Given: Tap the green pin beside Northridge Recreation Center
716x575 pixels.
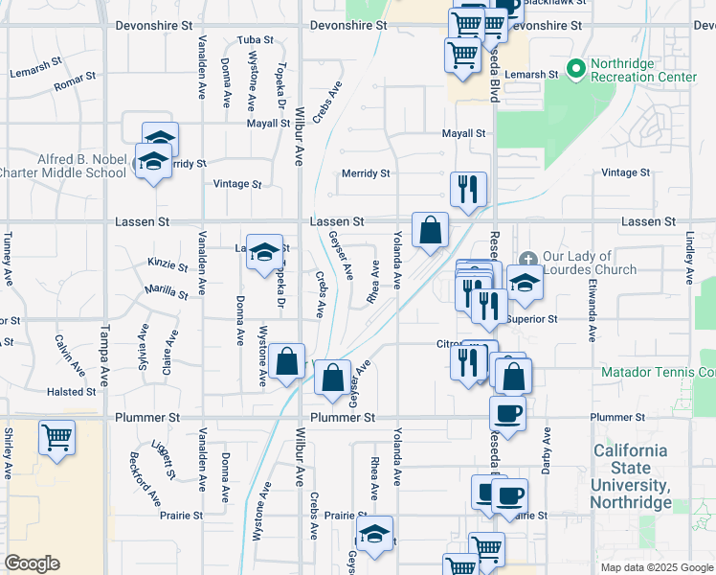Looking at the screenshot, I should click(576, 69).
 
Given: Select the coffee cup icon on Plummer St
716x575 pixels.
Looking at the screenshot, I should click(506, 413).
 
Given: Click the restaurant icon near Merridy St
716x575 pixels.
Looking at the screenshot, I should click(469, 189).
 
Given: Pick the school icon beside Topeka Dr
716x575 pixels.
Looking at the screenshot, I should click(265, 253).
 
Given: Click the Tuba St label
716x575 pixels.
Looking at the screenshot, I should click(256, 40).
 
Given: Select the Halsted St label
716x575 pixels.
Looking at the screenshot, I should click(72, 392).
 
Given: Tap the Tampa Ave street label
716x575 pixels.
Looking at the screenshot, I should click(104, 347).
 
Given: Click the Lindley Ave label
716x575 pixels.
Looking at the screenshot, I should click(688, 259).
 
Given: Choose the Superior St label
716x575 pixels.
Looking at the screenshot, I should click(532, 319).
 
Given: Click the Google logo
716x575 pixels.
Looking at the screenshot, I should click(32, 563).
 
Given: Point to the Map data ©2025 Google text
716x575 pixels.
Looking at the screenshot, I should click(656, 567).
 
